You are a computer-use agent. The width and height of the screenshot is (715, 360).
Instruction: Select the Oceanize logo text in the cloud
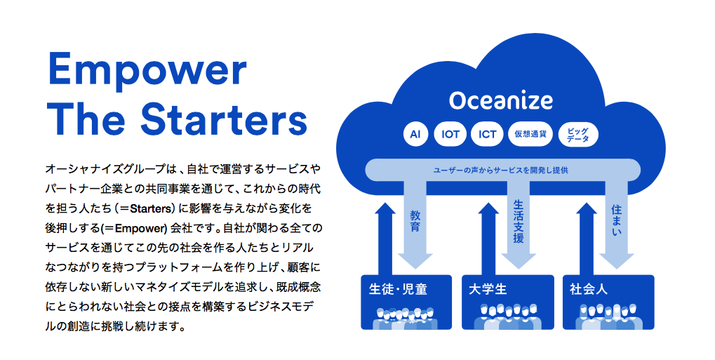click(501, 100)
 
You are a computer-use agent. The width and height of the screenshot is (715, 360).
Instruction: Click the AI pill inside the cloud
click(415, 134)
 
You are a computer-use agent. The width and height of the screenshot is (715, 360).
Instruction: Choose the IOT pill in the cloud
click(450, 134)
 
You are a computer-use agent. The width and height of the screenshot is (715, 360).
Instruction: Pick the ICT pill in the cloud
click(487, 134)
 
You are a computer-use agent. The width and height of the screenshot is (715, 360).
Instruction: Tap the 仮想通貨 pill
click(530, 134)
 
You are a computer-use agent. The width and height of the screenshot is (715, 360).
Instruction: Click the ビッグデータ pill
click(578, 134)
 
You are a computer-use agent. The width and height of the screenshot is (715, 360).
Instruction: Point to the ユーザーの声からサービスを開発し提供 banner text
click(501, 171)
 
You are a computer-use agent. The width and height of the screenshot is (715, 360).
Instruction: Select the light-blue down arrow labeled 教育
click(415, 224)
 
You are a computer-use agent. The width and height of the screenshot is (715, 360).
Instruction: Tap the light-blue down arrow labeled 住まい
click(617, 224)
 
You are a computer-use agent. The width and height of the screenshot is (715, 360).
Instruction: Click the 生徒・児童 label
click(398, 289)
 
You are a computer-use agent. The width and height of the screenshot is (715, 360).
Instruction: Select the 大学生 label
click(488, 289)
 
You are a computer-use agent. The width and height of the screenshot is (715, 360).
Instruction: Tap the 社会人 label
click(588, 289)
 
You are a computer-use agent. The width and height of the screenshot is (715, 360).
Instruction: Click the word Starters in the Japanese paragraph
click(149, 209)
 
